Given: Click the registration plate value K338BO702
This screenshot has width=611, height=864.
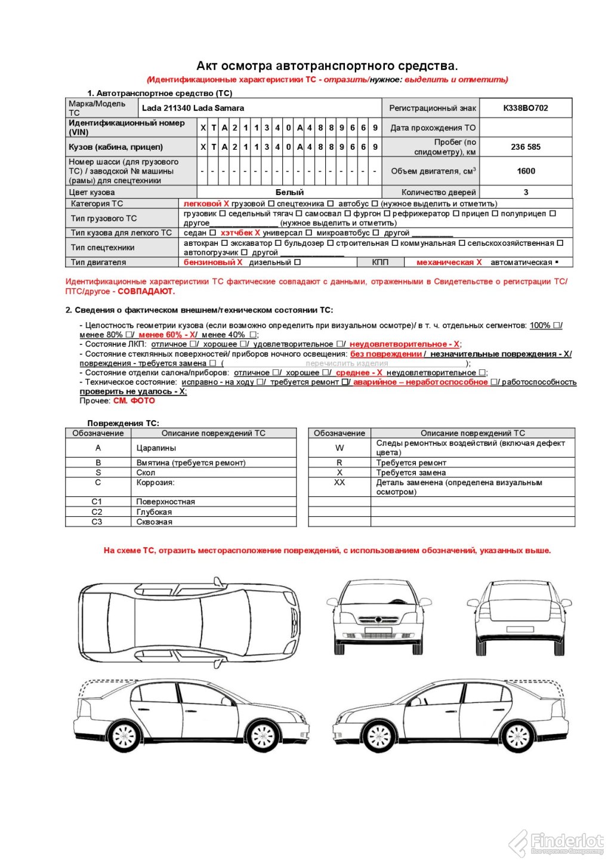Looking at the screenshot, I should (525, 108).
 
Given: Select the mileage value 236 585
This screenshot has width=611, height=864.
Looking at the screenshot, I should (525, 147).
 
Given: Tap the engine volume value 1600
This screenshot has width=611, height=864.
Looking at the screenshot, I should (526, 171).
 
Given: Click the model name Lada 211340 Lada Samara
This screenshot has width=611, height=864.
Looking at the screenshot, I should (193, 108).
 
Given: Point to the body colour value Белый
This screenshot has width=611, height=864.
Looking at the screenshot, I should (289, 192).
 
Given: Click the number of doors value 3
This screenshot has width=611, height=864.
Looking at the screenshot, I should (526, 192).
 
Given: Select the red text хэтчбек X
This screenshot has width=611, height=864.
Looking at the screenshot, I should (240, 233).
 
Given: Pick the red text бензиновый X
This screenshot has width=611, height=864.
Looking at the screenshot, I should (213, 262).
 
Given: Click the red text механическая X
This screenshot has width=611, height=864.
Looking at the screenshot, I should (449, 262).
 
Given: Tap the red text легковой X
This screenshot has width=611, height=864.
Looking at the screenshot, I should (206, 203).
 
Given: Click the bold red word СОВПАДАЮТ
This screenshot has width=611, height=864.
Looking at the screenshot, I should (146, 291).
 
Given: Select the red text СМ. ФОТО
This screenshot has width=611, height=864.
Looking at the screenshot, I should (134, 400).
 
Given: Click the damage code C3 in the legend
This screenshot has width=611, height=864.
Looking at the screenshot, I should (97, 522).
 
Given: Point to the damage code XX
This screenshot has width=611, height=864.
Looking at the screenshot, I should (340, 482).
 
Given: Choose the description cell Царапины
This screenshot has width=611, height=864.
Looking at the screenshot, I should (156, 448).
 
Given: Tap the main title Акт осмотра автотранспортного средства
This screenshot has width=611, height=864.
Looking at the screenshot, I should (327, 66).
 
